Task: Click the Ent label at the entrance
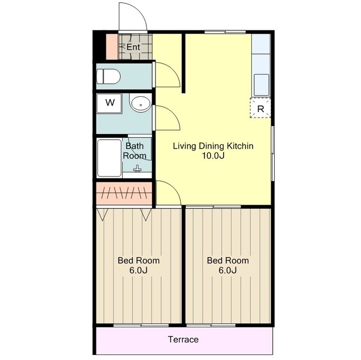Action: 133,47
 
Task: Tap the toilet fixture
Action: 108,76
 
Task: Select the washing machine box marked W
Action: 109,103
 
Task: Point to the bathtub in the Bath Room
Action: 109,158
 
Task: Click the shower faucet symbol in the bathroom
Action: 137,169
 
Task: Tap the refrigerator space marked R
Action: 260,108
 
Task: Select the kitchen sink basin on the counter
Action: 261,85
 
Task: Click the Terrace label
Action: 183,340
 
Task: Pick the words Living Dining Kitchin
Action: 213,146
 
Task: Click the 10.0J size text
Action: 213,156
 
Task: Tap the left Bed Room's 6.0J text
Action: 139,271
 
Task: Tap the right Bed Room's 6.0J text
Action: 228,271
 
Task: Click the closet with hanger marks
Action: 124,193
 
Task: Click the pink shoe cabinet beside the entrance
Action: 112,47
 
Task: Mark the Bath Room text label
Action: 135,151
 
